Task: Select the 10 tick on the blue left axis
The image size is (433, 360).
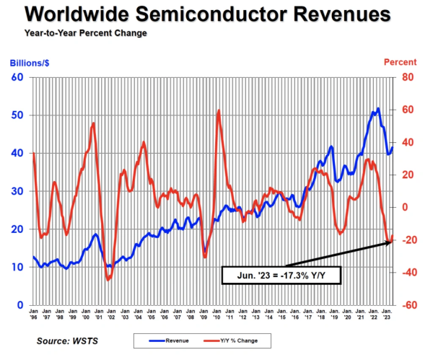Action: pos(18,267)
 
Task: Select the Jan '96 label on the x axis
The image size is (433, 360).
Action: pos(33,315)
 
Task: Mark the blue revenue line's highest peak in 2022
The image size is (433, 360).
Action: pos(377,109)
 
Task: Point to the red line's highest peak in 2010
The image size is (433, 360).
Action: pos(218,110)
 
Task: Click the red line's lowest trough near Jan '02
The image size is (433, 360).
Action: pos(108,279)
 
